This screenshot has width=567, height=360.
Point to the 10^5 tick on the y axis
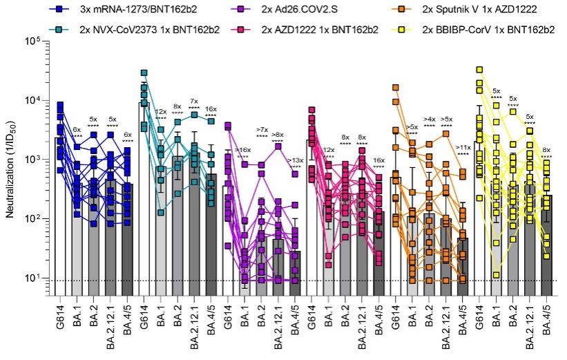point(34,42)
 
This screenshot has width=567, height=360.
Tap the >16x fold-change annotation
point(242,150)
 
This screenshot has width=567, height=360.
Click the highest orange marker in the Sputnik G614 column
point(395,88)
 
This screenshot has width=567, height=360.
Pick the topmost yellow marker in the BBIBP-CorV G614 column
point(479,70)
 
